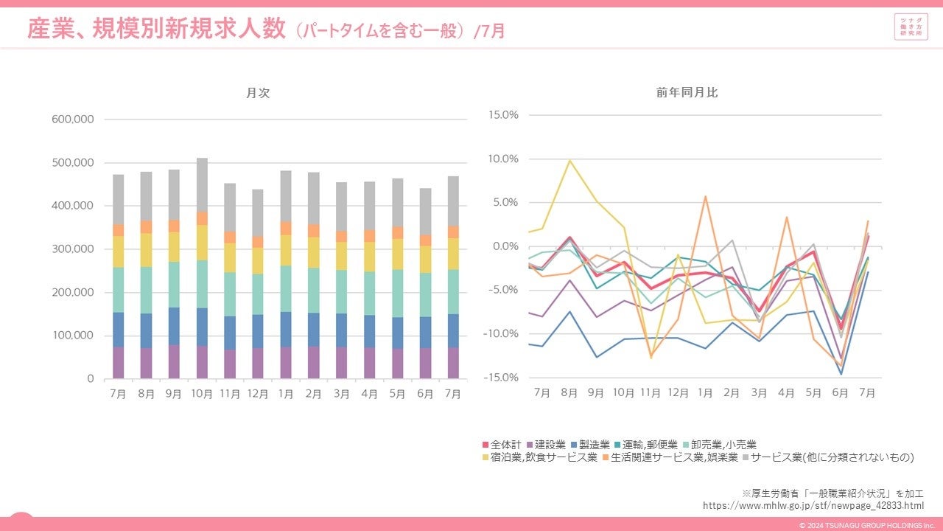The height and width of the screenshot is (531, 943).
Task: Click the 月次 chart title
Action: (252, 93)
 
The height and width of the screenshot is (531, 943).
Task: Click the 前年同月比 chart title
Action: (687, 93)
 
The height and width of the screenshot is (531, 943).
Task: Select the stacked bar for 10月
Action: (201, 268)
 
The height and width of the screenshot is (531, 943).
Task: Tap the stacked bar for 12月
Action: (257, 284)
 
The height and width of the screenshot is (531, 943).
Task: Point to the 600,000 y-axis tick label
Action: (72, 119)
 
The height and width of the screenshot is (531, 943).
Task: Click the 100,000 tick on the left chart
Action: (72, 336)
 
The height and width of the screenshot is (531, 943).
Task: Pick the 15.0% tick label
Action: (503, 115)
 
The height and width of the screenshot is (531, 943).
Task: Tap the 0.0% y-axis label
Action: (505, 246)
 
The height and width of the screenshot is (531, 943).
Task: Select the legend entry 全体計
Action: (502, 445)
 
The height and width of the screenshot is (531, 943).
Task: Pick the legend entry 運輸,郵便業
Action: (645, 445)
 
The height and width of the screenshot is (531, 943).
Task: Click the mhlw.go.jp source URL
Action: (813, 505)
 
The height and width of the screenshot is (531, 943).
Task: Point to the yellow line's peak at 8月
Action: (569, 161)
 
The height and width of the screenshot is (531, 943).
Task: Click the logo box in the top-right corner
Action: (911, 28)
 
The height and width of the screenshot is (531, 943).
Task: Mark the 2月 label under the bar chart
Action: (313, 395)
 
